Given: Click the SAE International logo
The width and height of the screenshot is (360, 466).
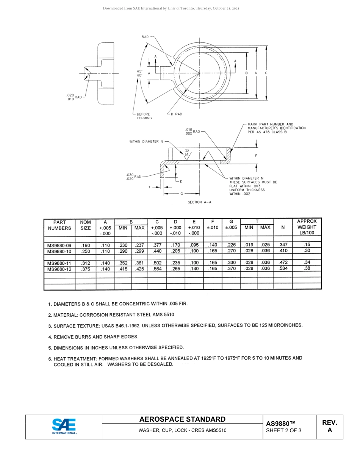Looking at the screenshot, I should coord(64,426).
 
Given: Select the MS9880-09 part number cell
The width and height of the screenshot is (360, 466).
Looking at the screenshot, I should coord(59,245).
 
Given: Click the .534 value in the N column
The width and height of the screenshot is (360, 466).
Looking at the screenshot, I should coord(283,269).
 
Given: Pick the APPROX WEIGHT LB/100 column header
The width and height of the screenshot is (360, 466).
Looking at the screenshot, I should coord(307,227).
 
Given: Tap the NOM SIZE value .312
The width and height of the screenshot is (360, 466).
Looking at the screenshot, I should coord(86,263).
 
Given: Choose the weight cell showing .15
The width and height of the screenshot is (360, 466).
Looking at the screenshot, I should coord(307,245).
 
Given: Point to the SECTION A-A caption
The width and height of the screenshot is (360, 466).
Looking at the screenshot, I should coord(200,202).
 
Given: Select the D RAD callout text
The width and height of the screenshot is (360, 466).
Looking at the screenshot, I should coord(176,114).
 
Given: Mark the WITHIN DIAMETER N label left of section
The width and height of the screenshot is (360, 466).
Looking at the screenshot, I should coord(146,142).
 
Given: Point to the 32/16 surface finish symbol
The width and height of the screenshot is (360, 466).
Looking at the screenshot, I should coord(187,153).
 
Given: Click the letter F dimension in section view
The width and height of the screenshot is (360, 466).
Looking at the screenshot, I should coord(256,156).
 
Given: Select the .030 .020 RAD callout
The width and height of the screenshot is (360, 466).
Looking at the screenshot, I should coord(133,177).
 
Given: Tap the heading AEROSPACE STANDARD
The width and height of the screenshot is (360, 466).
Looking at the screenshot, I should coord(182,419).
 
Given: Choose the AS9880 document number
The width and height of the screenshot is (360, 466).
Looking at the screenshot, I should coord(280,424).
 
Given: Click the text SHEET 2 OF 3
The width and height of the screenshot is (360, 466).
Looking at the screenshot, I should coord(284,430).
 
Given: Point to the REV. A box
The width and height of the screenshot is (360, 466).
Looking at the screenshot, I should coord(329,426).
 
